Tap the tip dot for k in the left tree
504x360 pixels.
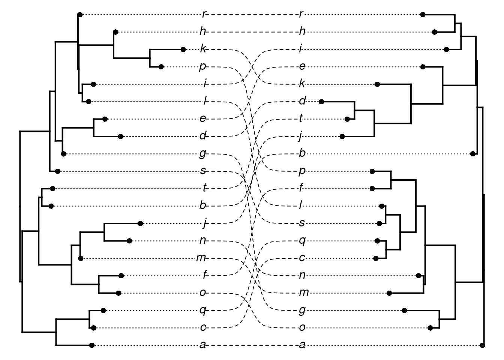pos(183,49)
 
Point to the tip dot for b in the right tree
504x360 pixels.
pos(473,154)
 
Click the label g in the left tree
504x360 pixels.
pos(203,154)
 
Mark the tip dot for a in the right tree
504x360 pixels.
pos(483,345)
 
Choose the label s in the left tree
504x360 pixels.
pos(203,171)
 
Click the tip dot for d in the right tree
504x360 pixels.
pos(321,101)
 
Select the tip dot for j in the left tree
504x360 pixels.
pos(140,223)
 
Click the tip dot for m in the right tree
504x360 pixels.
pos(390,293)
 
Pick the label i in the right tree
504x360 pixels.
pos(301,49)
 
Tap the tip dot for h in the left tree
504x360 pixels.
pos(116,32)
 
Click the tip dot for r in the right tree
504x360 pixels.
pos(423,15)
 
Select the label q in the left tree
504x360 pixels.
pos(203,310)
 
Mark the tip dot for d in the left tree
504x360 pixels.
pos(121,136)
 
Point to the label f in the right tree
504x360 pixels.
pos(301,189)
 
